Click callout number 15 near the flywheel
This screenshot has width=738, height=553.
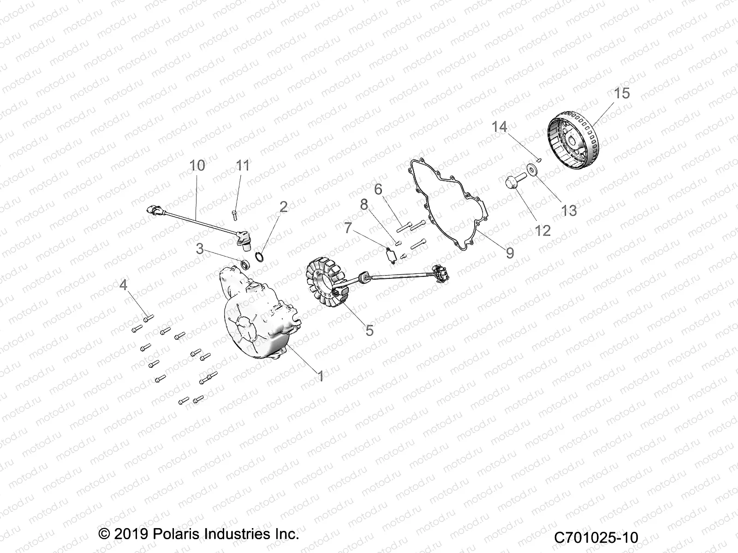pyautogui.click(x=621, y=94)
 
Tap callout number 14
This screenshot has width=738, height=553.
pyautogui.click(x=499, y=127)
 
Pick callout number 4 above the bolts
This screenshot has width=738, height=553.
pyautogui.click(x=123, y=285)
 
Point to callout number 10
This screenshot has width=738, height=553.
pyautogui.click(x=197, y=165)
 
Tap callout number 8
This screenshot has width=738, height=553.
pyautogui.click(x=364, y=205)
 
